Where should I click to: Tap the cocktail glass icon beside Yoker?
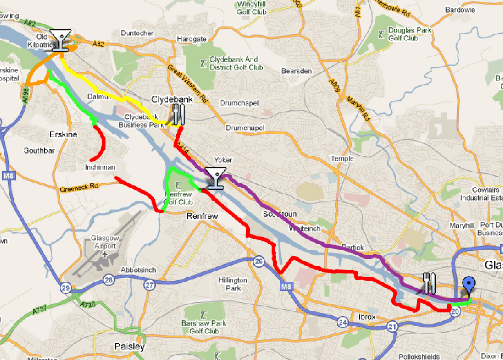tap(216, 178)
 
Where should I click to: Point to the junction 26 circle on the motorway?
tap(258, 262)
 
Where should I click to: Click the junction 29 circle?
tap(65, 288)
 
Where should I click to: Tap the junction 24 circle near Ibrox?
tap(343, 322)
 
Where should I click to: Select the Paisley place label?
tap(129, 347)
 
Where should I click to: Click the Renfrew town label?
tap(201, 216)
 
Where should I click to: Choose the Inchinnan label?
tap(100, 167)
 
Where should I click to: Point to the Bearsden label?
tap(297, 71)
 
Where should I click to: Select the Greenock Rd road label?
tap(79, 188)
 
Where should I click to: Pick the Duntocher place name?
tap(137, 33)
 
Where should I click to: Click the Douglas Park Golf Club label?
tap(409, 34)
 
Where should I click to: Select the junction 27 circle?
tap(149, 285)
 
